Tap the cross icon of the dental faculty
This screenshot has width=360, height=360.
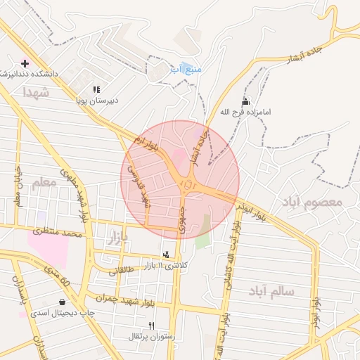tap(25, 63)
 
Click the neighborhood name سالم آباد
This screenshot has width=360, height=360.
tap(271, 290)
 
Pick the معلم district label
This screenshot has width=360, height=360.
tap(44, 183)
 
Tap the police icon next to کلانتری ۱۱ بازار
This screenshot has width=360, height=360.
tap(166, 254)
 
